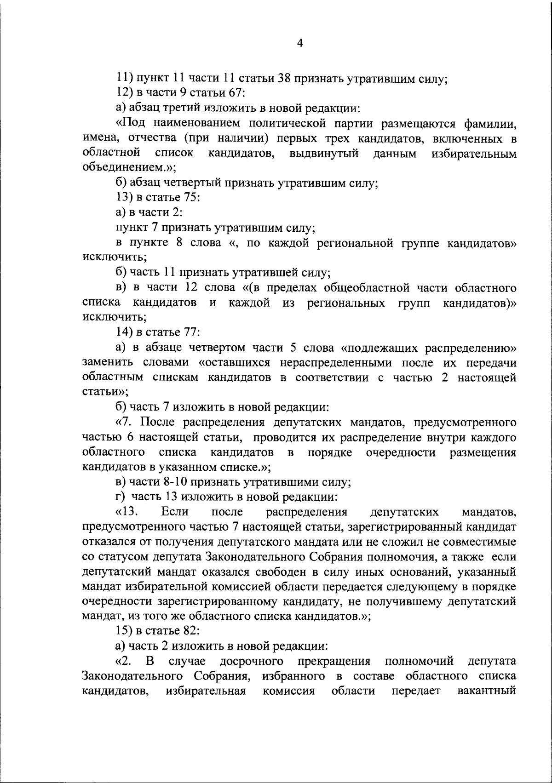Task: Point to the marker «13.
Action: pos(126,512)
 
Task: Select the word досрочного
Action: pos(251,661)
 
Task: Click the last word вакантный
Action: pos(487,691)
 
